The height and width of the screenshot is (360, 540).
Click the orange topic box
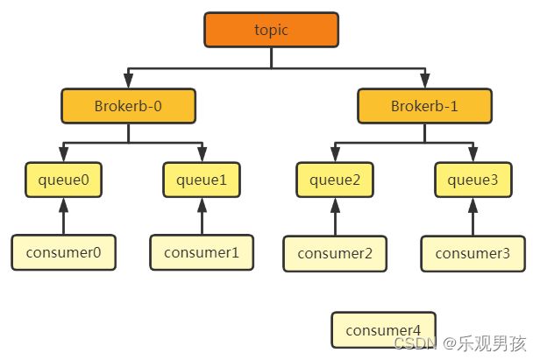[x=272, y=30]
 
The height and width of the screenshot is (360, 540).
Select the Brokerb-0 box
[x=129, y=106]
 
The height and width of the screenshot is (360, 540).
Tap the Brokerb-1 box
[x=424, y=106]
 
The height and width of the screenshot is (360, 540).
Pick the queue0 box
[x=64, y=180]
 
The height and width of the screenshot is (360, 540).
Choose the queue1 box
[x=202, y=180]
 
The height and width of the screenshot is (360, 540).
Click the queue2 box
[x=335, y=180]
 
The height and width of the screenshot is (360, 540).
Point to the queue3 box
[x=473, y=180]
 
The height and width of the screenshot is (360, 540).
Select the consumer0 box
[x=64, y=252]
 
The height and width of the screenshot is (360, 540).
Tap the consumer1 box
[x=202, y=252]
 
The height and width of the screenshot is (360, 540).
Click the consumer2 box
[x=335, y=254]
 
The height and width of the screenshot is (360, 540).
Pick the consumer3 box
[x=472, y=254]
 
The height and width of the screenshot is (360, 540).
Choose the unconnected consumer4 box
[x=383, y=330]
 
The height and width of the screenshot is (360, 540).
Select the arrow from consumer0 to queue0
[x=64, y=216]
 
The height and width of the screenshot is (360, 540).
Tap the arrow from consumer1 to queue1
[x=202, y=216]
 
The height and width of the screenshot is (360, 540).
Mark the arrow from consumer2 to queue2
[x=336, y=217]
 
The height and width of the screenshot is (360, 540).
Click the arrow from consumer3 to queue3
[x=473, y=217]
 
